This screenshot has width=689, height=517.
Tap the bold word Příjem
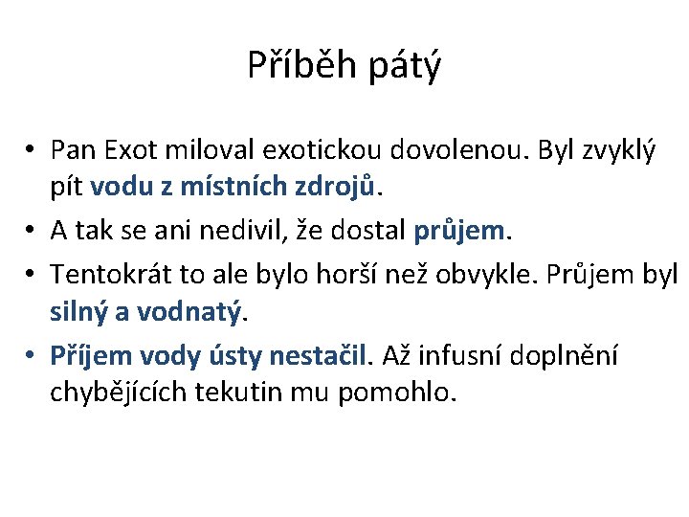[x=90, y=355]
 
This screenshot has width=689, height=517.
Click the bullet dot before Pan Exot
[x=32, y=150]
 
